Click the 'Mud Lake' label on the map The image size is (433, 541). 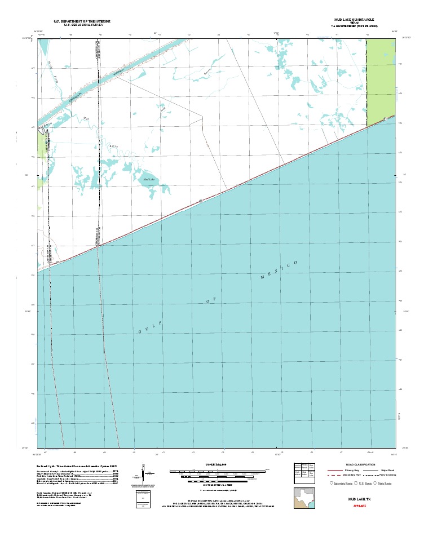tap(149, 179)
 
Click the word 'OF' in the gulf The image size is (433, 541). tap(211, 301)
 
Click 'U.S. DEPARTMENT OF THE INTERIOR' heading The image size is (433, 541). tap(82, 21)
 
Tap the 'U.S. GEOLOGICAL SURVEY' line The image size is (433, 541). tap(82, 25)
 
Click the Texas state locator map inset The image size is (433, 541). tap(303, 498)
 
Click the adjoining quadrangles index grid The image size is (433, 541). tap(305, 470)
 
